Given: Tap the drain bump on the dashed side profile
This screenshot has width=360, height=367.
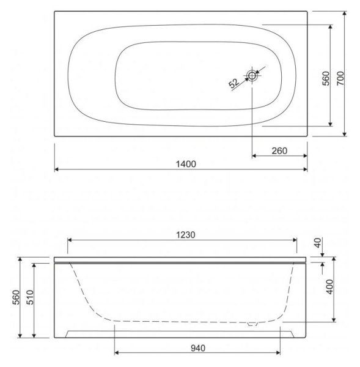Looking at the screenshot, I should coord(252,324).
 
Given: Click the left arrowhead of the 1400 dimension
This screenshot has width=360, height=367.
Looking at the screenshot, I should coord(57,169).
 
